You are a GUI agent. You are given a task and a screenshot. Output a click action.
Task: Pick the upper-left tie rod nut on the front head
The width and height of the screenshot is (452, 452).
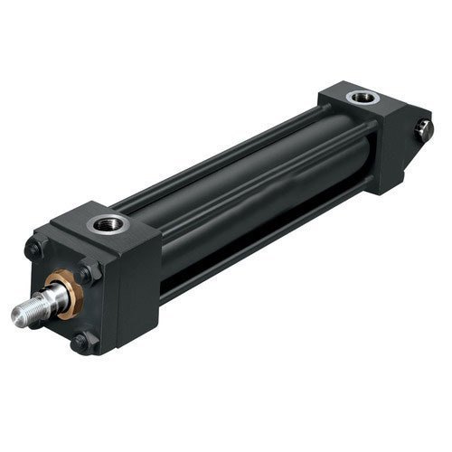[x=33, y=247]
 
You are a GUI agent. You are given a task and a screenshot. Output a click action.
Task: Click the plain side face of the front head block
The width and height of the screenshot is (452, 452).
[x=136, y=289]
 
